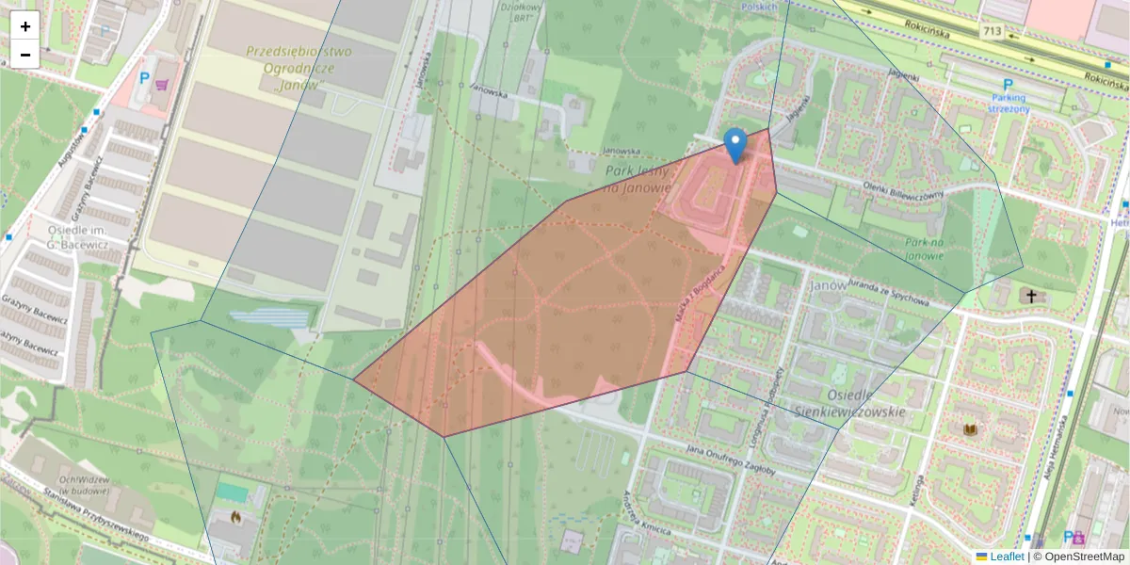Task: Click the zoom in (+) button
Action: coord(25,26)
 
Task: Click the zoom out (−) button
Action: coord(25,54)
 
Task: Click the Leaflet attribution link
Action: coord(1006,557)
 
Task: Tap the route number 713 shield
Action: coord(991,31)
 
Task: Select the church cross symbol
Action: coord(1031,297)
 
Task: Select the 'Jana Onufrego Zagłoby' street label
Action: coord(730,460)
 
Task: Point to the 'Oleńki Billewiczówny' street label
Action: coord(902,188)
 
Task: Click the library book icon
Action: coord(970,430)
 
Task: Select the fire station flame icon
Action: coord(234,517)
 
